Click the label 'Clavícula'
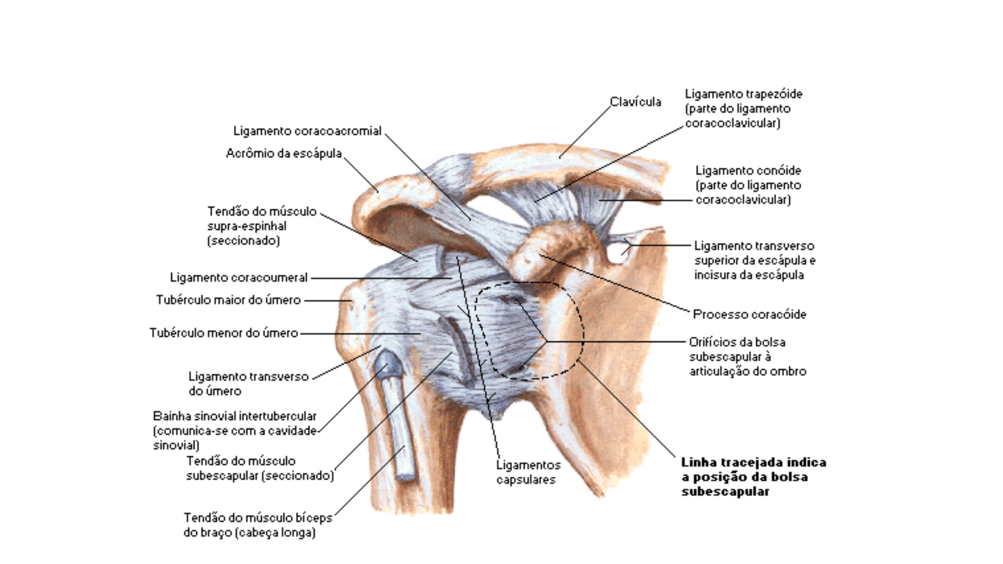[x=635, y=102]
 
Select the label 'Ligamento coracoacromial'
[x=307, y=131]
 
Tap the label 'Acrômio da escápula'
[x=284, y=154]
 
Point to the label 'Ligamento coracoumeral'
[x=239, y=278]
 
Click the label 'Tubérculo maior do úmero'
[x=228, y=300]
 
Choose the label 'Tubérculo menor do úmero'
[x=224, y=333]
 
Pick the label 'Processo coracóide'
[x=749, y=314]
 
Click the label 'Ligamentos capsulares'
[x=528, y=472]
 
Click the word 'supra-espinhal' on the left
[x=247, y=227]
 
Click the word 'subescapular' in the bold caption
[x=725, y=492]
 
